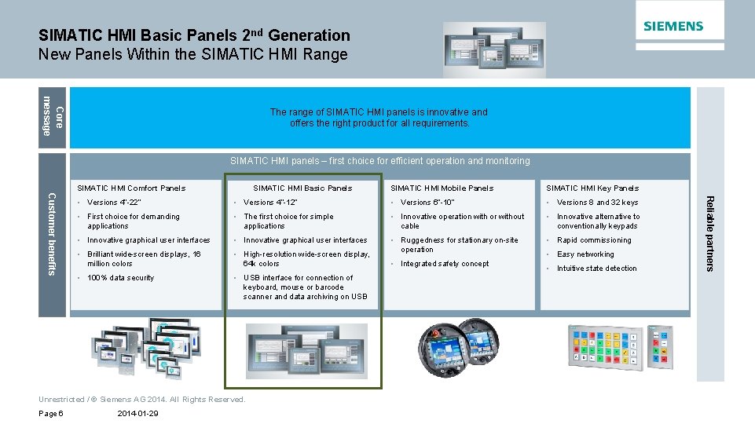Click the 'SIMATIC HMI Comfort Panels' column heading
point(130,188)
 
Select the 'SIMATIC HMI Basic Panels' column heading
point(302,188)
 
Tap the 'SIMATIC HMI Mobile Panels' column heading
point(442,188)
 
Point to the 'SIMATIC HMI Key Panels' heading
point(592,188)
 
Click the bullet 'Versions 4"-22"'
point(114,203)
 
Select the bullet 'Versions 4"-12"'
point(270,203)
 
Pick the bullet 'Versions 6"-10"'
point(427,203)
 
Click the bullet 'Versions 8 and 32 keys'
point(597,203)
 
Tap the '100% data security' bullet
point(120,278)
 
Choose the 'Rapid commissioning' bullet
point(594,240)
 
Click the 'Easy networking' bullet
point(585,254)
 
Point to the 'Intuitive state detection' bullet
point(597,269)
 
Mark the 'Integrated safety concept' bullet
point(445,264)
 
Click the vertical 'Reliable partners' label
point(709,233)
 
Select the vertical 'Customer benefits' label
point(52,234)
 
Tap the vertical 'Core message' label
point(53,116)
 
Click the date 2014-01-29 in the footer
point(137,414)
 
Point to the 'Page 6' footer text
point(51,414)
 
